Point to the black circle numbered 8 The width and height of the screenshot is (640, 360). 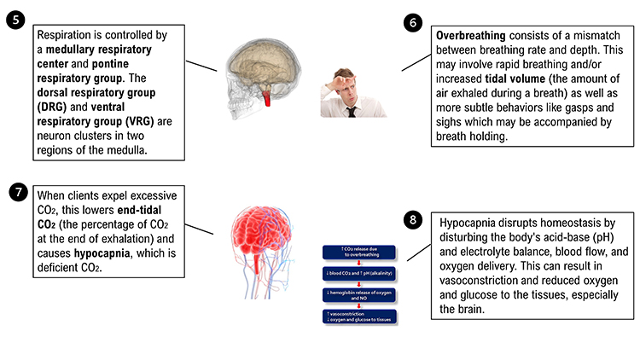pyautogui.click(x=414, y=220)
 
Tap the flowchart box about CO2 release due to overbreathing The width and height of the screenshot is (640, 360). pyautogui.click(x=358, y=252)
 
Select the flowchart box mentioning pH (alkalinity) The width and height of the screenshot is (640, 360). pyautogui.click(x=358, y=273)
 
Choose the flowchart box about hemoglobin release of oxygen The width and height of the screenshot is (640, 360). pyautogui.click(x=358, y=294)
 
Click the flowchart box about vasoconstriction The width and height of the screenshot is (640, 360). pyautogui.click(x=358, y=316)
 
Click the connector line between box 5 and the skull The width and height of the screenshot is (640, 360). pyautogui.click(x=202, y=67)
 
